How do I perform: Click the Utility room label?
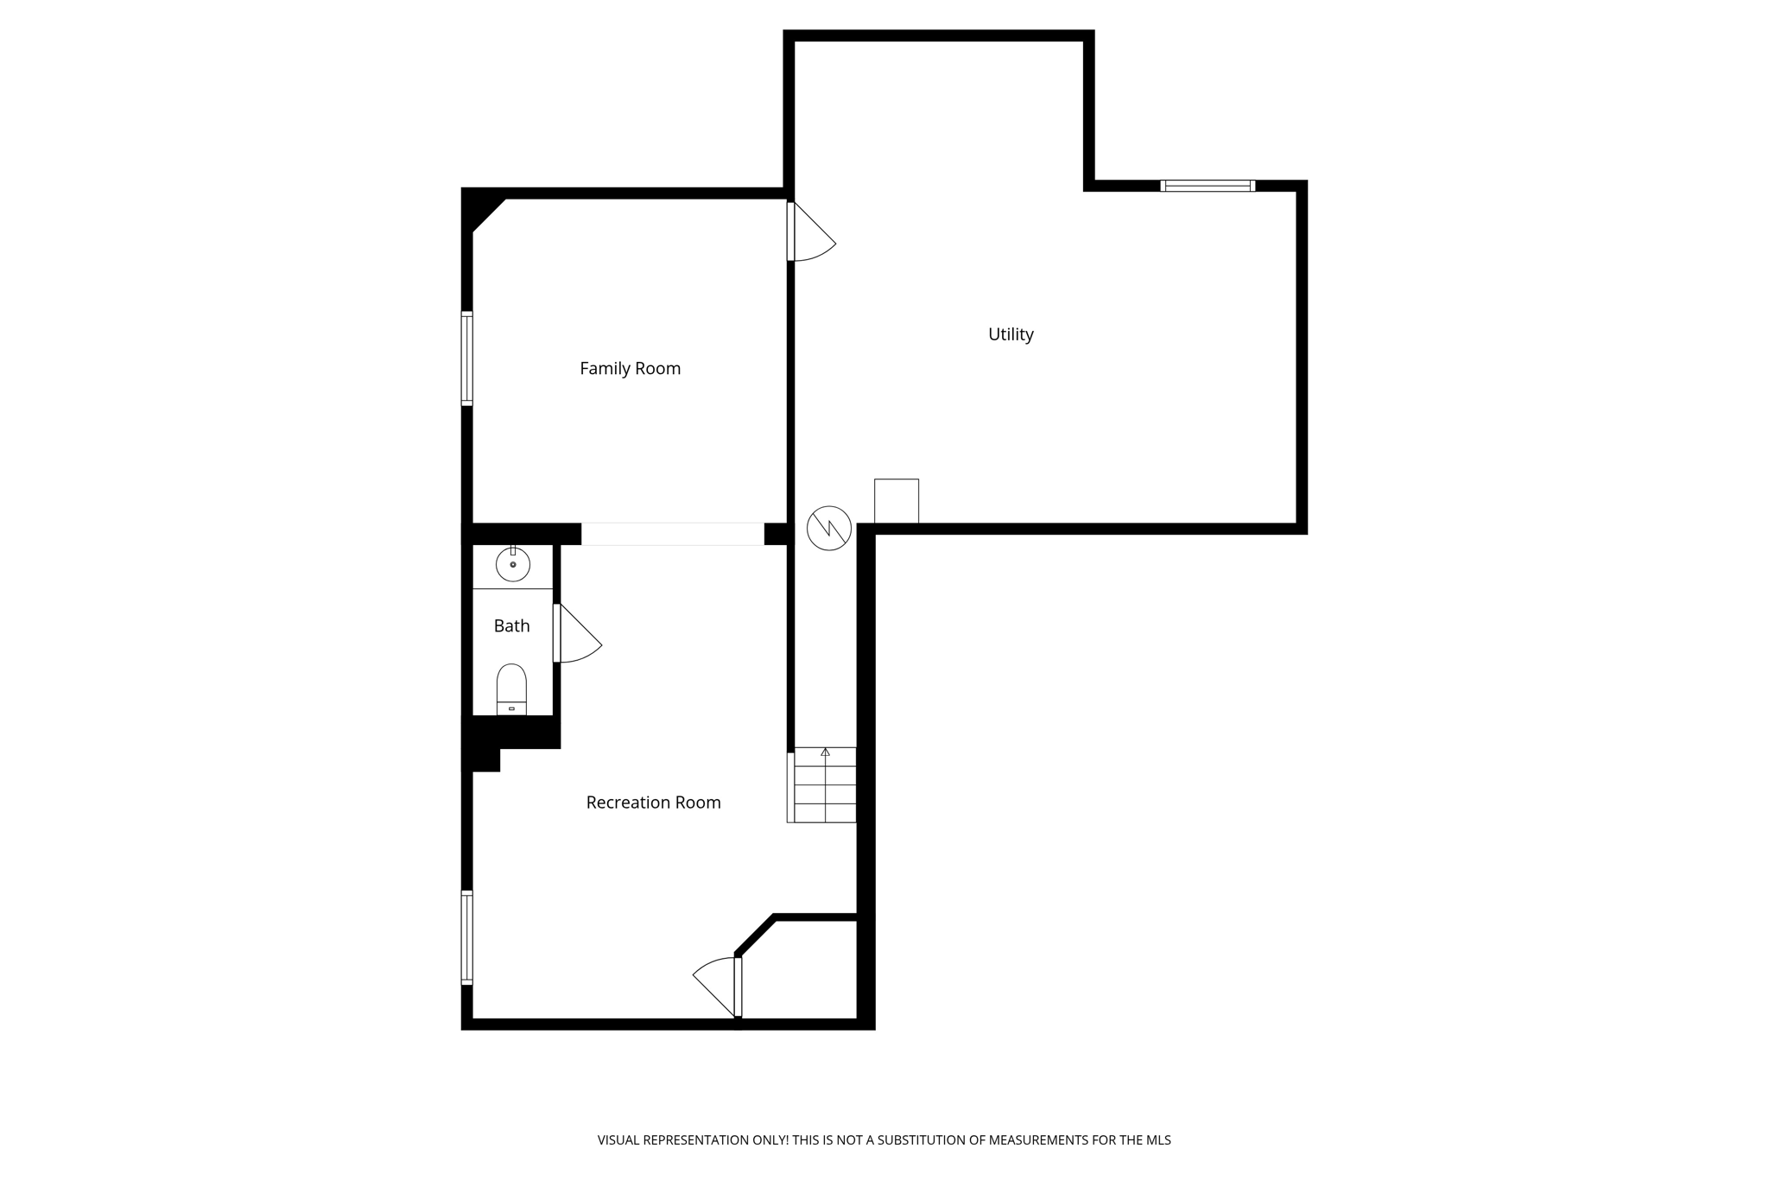tap(1011, 334)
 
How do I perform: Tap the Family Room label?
tap(630, 369)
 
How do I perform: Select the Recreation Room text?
tap(653, 803)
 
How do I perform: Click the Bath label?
tap(511, 626)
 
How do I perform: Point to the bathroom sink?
tap(513, 565)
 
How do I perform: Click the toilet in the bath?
tap(511, 688)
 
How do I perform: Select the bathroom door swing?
tap(577, 636)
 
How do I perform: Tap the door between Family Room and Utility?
tap(809, 232)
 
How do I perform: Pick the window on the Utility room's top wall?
tap(1208, 186)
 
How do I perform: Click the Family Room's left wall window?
tap(467, 358)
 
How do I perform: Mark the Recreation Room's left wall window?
tap(467, 937)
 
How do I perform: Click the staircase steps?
tap(825, 786)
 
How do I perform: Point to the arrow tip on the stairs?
tap(825, 752)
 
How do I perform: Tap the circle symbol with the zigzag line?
tap(829, 528)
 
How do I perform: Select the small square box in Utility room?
tap(897, 501)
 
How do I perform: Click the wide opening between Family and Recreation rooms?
tap(672, 534)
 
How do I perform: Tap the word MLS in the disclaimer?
tap(1158, 1140)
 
